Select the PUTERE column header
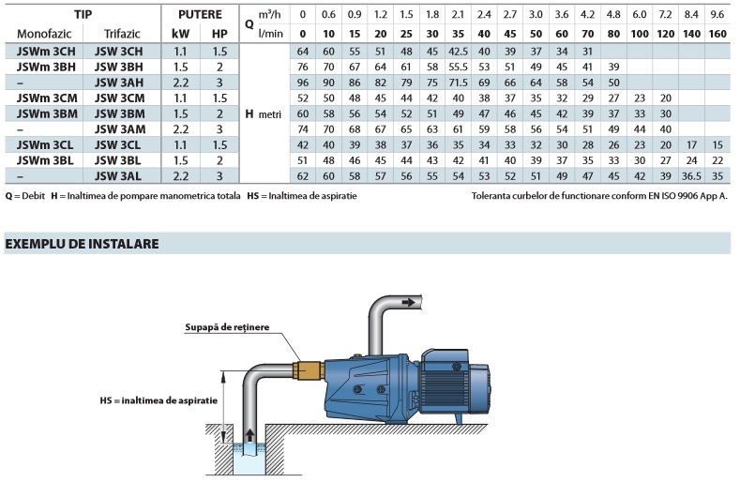(x=201, y=15)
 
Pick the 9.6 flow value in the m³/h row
(x=717, y=15)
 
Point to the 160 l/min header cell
(x=717, y=34)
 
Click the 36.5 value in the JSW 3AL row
(x=690, y=175)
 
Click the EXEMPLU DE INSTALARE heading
(x=82, y=244)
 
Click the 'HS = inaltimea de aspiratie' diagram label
(x=159, y=400)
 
